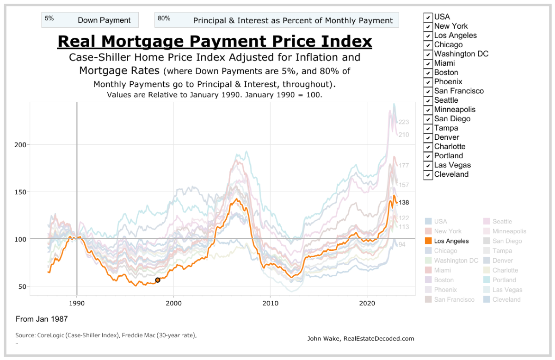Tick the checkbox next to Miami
point(428,63)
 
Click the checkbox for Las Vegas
point(428,165)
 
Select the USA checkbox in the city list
point(428,17)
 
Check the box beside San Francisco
point(428,91)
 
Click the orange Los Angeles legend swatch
point(428,241)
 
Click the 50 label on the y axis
point(22,287)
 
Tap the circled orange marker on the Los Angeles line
point(158,280)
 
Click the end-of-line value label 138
point(404,203)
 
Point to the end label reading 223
point(404,122)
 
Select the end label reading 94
point(402,245)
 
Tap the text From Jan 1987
point(42,319)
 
